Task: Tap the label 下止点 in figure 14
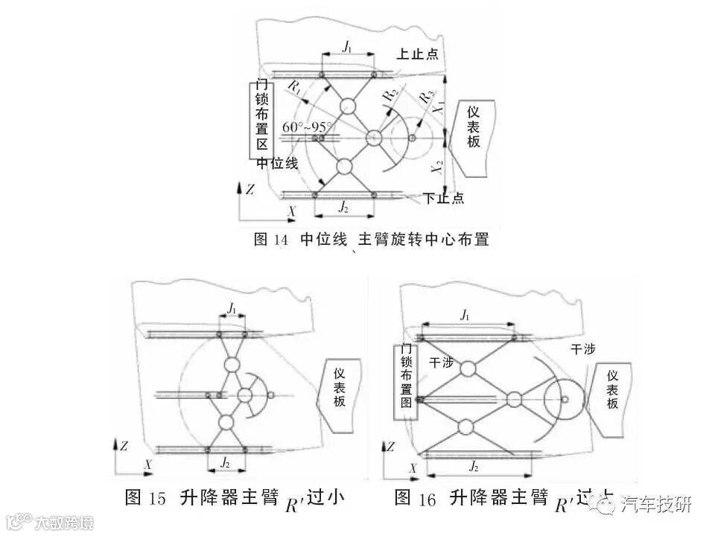coord(444,198)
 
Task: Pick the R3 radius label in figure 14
coord(427,96)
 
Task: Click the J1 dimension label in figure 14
coord(348,47)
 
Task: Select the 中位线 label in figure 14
coord(277,164)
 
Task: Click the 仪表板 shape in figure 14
coord(474,127)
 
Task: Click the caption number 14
coord(281,240)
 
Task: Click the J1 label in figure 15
coord(232,307)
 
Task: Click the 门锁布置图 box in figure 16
coord(407,375)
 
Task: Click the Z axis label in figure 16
coord(392,447)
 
